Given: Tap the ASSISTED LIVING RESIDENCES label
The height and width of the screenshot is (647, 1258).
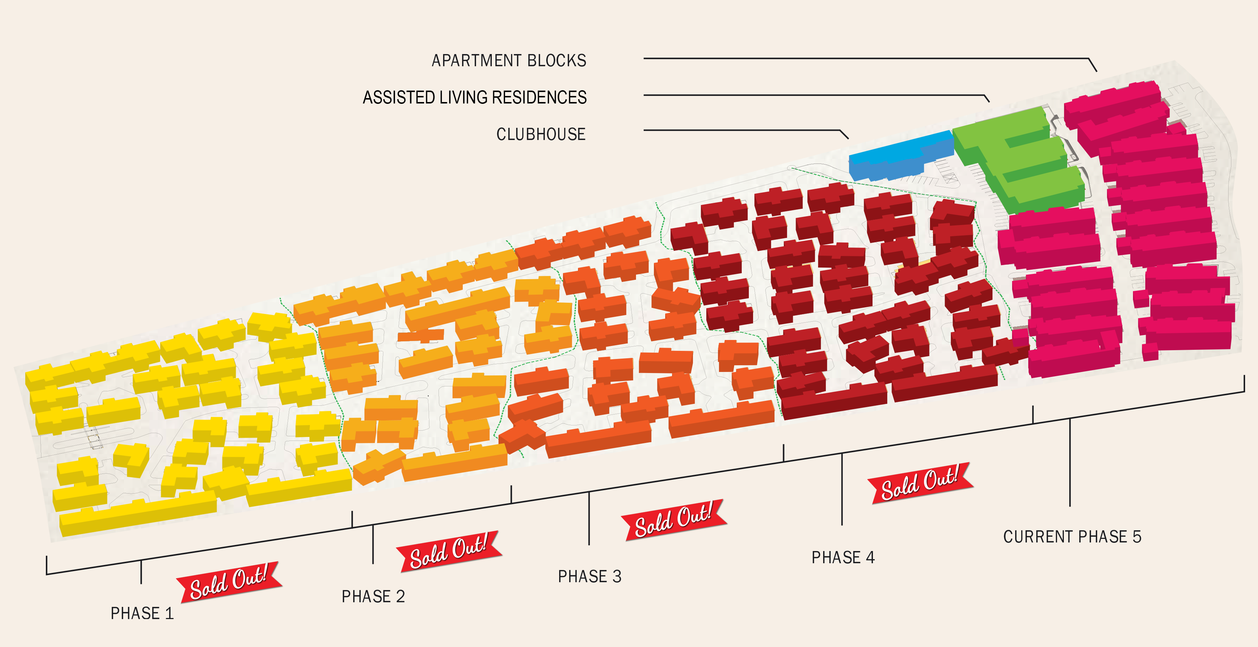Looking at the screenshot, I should coord(474,97).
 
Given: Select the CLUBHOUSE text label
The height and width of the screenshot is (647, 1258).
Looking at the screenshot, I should coord(541,134).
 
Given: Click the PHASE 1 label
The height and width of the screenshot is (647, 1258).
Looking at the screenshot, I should coord(141,613).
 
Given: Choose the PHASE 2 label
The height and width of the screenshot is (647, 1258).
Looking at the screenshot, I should coord(373,596).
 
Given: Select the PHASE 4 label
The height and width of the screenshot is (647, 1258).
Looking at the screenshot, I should coord(843,557).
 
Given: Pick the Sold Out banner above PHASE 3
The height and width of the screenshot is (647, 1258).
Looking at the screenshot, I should coord(673,520).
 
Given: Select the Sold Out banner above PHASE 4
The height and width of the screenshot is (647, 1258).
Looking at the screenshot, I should coord(920,483).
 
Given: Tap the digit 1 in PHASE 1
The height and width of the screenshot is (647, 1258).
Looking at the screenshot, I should coord(169,613).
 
